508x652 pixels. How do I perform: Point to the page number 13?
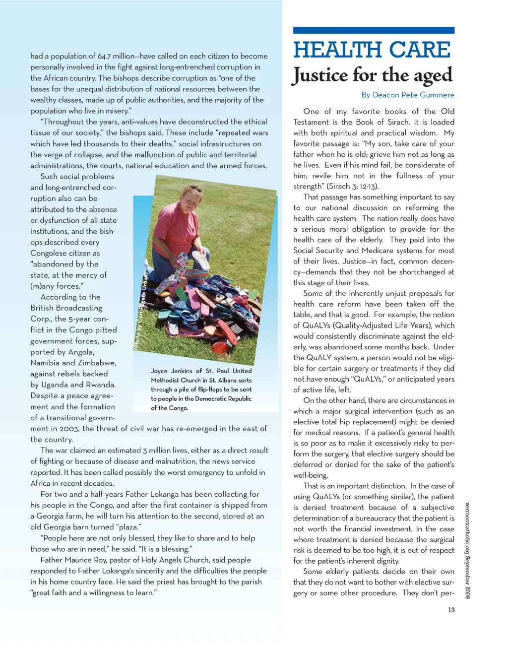click(451, 610)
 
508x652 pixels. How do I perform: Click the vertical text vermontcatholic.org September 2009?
click(467, 550)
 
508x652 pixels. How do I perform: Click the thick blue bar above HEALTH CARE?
click(374, 31)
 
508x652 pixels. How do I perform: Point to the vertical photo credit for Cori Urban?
click(141, 312)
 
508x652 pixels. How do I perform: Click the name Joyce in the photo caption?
click(159, 371)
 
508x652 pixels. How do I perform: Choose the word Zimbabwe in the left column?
click(98, 363)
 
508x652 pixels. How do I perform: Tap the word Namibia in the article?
click(45, 363)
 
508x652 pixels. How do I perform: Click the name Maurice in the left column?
click(84, 560)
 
